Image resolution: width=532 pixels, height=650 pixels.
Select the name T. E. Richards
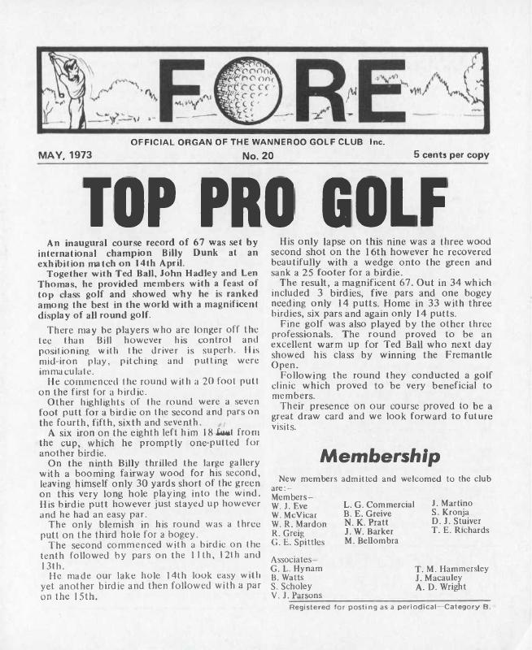click(x=460, y=531)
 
